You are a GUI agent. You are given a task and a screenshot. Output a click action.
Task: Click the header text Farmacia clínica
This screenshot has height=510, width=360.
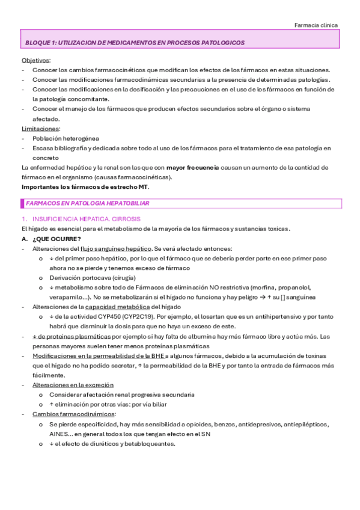(x=316, y=25)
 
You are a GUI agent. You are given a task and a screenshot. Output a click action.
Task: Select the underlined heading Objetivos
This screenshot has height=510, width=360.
(x=36, y=61)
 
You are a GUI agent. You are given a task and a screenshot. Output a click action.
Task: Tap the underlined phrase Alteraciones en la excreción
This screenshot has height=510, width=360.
(x=73, y=385)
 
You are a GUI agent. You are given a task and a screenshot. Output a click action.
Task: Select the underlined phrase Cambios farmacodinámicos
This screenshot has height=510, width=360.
(x=66, y=414)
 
